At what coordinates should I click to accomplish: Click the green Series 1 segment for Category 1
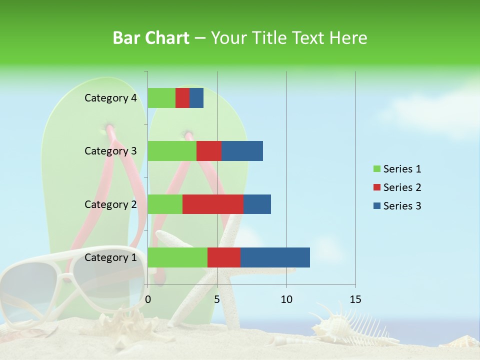point(177,257)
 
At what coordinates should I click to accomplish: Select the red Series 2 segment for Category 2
point(213,204)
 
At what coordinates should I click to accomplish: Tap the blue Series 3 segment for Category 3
point(242,151)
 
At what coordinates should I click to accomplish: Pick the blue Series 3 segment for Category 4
point(196,98)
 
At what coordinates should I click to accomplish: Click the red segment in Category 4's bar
point(182,98)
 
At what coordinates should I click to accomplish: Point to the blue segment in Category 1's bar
point(275,257)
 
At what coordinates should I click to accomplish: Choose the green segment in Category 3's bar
point(172,151)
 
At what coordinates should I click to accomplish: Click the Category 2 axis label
point(110,204)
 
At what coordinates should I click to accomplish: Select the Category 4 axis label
point(110,98)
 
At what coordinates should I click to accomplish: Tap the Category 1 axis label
point(110,257)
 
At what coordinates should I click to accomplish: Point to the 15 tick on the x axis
point(355,299)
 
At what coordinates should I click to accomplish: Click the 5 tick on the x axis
point(217,299)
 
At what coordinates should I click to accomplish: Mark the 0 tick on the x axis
point(148,299)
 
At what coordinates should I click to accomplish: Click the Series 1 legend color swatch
point(376,169)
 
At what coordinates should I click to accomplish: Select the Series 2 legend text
point(402,187)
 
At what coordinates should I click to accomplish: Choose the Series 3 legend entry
point(397,206)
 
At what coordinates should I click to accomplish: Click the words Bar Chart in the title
point(151,38)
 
